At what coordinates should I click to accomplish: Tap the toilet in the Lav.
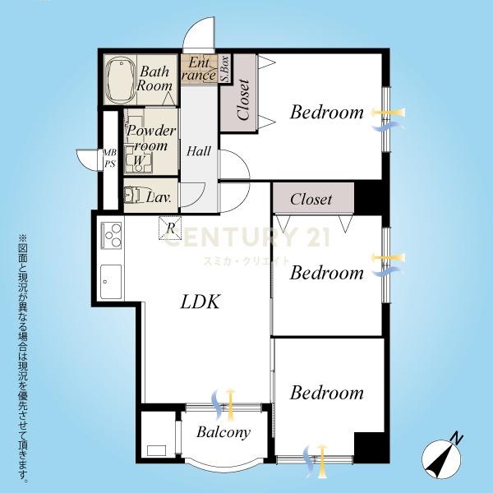(132, 195)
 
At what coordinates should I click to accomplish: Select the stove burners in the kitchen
(111, 236)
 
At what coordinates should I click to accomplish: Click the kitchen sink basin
(111, 282)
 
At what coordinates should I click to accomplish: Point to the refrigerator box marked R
(170, 228)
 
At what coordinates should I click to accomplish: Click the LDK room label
(200, 302)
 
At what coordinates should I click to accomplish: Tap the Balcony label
(223, 432)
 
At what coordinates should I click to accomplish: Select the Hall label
(198, 151)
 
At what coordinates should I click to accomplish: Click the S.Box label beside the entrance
(225, 69)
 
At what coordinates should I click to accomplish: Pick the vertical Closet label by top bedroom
(244, 99)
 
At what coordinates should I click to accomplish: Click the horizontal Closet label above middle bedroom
(311, 200)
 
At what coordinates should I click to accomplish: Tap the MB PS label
(110, 158)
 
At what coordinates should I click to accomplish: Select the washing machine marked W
(138, 159)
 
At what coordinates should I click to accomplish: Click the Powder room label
(150, 138)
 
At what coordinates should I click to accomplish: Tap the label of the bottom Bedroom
(327, 393)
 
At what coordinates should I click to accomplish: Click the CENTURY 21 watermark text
(247, 237)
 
